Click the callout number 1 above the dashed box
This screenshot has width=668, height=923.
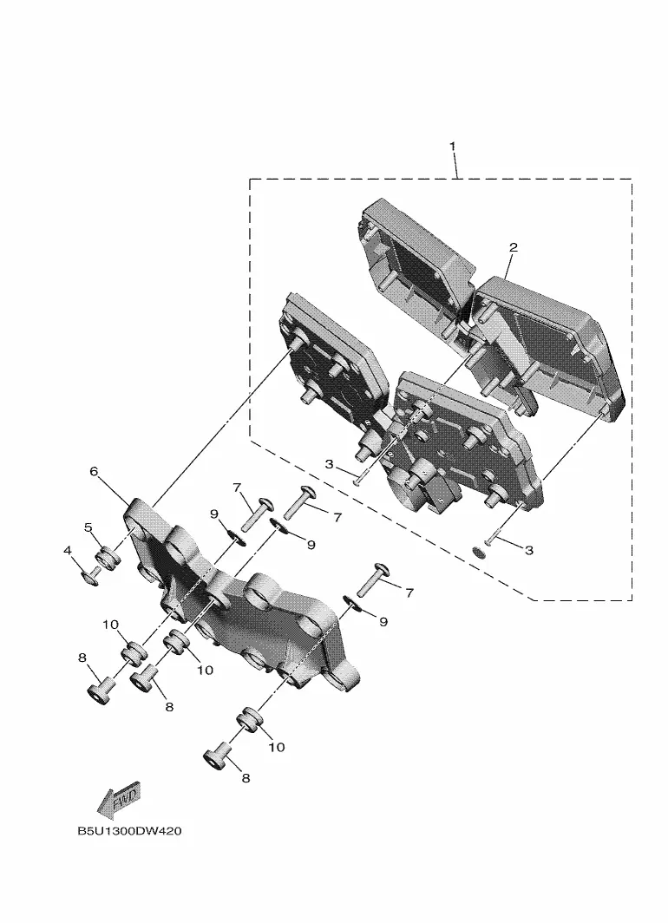453,146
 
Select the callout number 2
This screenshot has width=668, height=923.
514,247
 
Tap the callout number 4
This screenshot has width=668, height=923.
68,550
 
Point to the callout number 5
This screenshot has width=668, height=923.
88,527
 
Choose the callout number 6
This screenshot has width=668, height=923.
94,471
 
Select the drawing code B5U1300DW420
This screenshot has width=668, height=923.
129,831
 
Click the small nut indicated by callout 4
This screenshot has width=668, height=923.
91,578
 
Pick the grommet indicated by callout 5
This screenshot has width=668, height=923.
107,558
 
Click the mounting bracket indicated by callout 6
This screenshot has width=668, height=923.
235,606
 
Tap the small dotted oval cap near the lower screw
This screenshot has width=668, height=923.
479,553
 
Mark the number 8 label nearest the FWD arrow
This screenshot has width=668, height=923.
82,658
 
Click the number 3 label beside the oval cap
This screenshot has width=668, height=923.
528,550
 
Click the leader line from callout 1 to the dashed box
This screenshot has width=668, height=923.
455,166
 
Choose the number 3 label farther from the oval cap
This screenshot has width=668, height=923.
330,464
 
